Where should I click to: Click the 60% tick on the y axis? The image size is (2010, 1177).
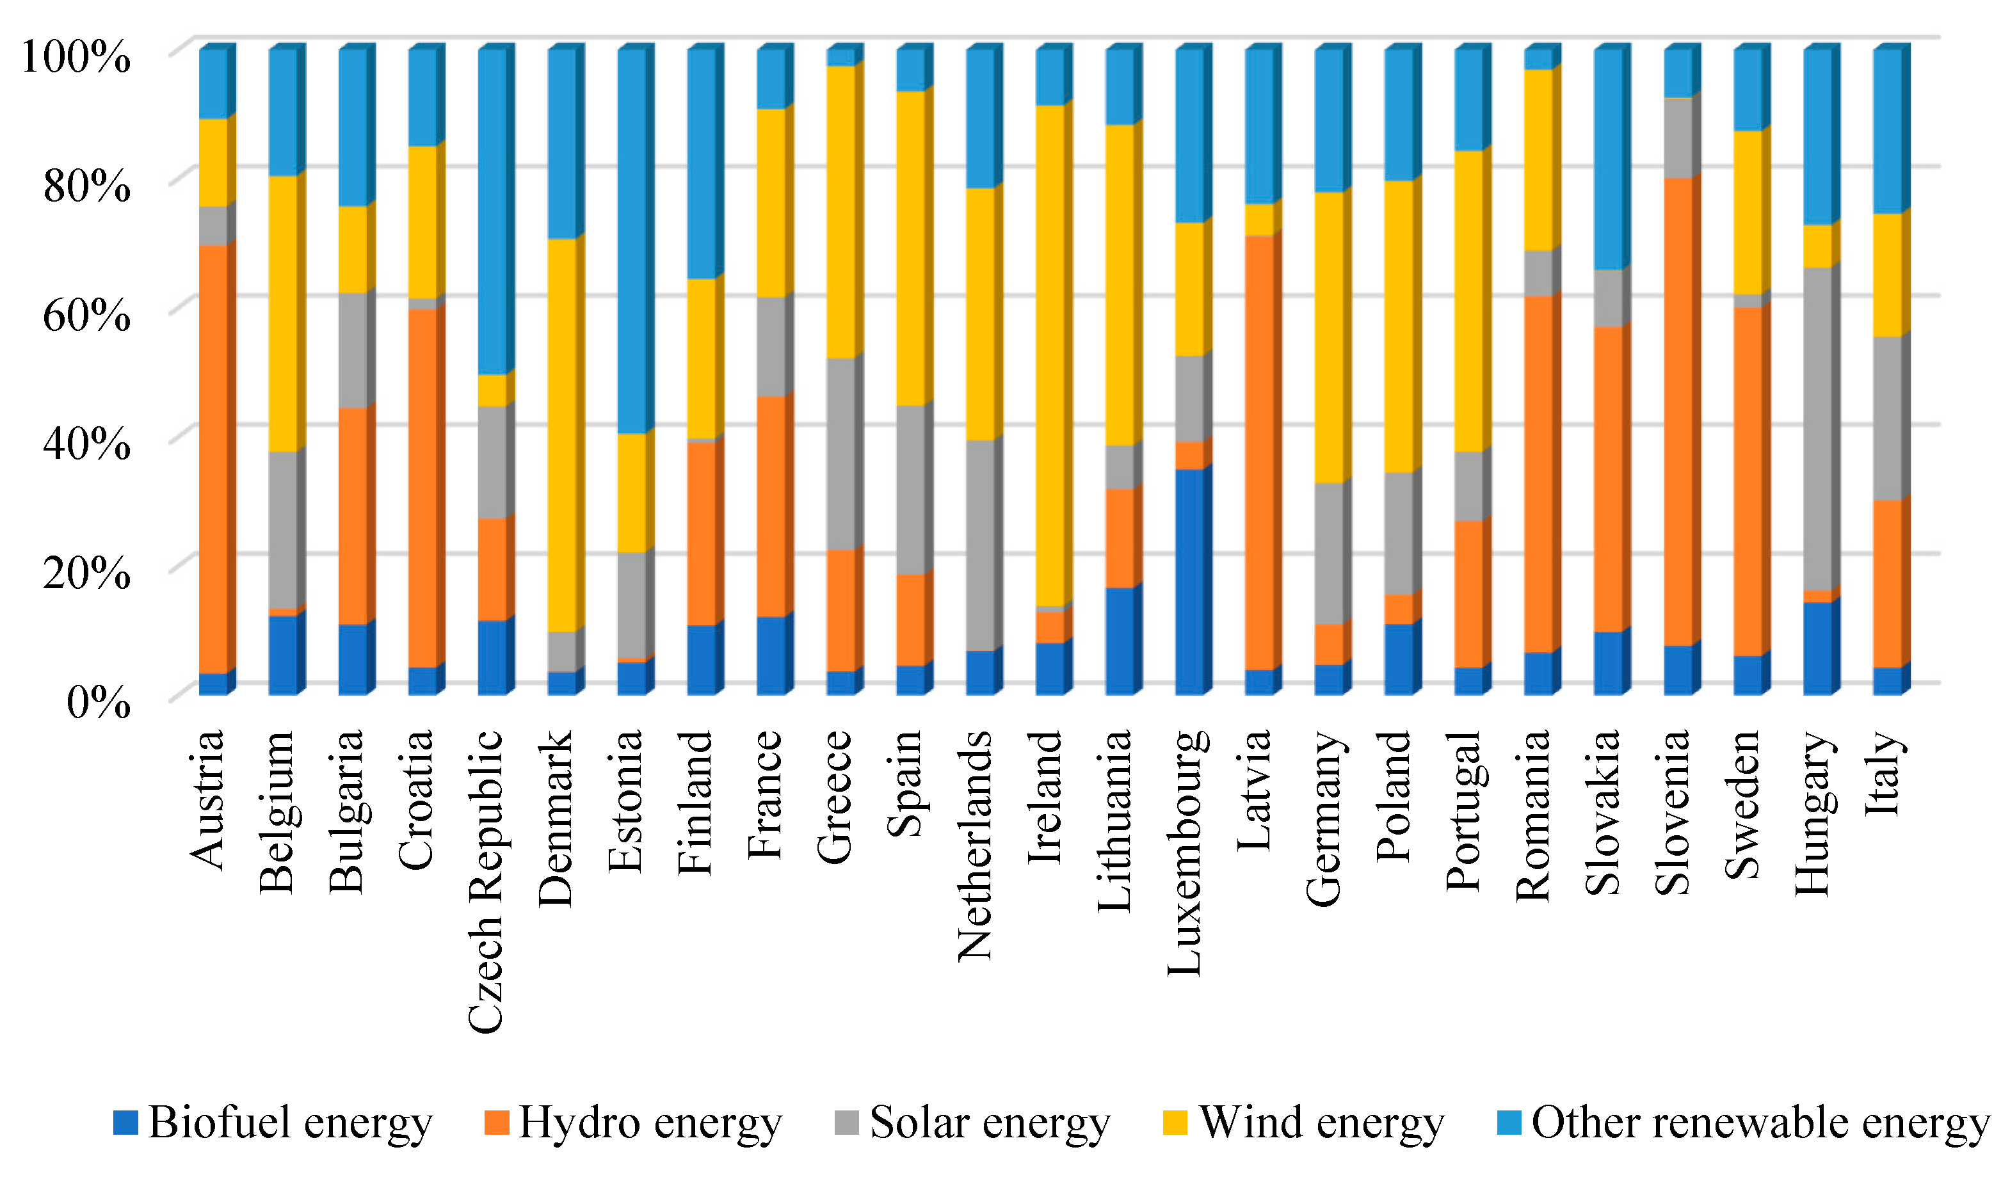coord(86,315)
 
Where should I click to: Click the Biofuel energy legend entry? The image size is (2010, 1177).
coord(273,1123)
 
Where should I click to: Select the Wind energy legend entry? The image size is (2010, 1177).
coord(1304,1123)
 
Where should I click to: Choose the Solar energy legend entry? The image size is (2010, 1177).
coord(972,1123)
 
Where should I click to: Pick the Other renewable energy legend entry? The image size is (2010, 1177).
coord(1744,1123)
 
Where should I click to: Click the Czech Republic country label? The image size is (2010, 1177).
coord(486,881)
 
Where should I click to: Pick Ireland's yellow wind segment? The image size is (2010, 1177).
coord(1050,355)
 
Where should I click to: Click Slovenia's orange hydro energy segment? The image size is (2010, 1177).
coord(1678,411)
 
